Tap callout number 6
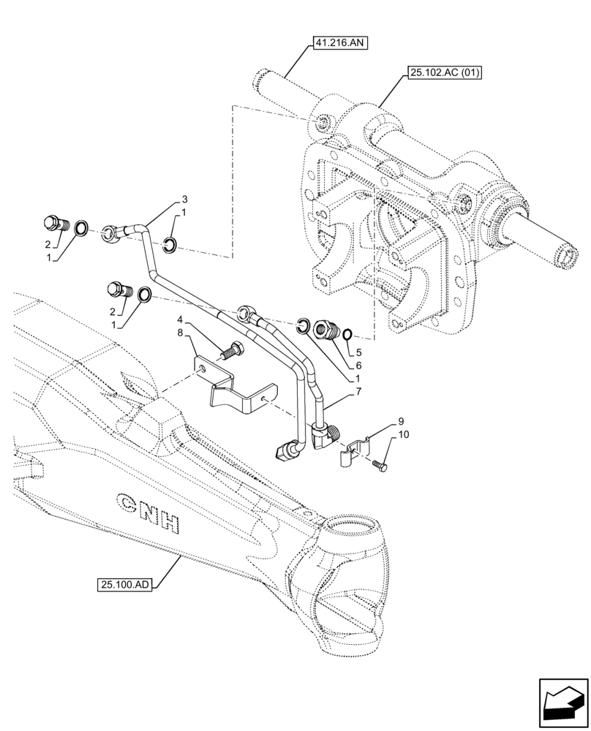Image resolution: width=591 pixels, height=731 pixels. coord(358,364)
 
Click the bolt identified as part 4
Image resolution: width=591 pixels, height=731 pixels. coord(233,350)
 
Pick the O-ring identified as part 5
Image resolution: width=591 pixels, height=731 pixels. coord(348,334)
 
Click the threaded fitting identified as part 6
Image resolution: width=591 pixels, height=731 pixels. coord(325,330)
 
